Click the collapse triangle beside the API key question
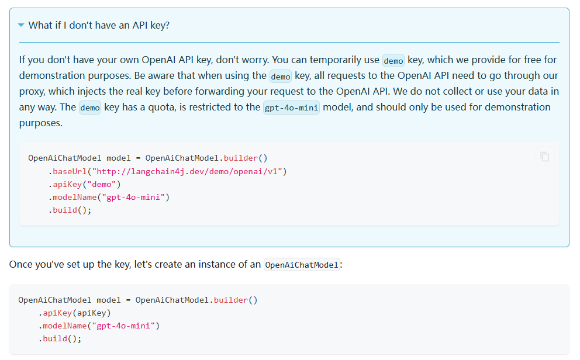click(x=22, y=25)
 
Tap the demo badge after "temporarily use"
click(x=393, y=60)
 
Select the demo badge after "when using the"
click(x=281, y=76)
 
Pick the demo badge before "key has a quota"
click(x=90, y=108)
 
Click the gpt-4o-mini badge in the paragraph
click(x=291, y=108)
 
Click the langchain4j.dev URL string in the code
click(x=188, y=171)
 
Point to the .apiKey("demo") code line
click(x=84, y=184)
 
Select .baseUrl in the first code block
click(x=68, y=171)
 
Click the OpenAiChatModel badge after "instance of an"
click(x=302, y=265)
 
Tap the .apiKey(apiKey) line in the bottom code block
click(x=75, y=313)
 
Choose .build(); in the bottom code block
click(x=60, y=338)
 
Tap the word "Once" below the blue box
click(x=20, y=264)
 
